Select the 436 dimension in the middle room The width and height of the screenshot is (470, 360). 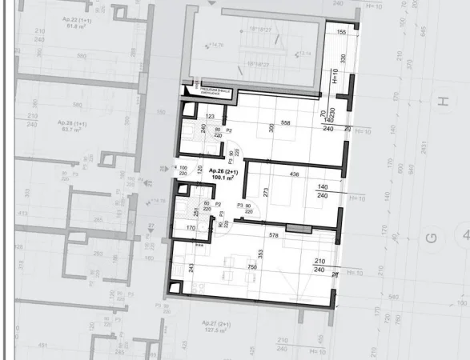pos(295,174)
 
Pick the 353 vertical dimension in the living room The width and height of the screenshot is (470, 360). pos(260,254)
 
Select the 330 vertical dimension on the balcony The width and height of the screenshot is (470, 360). pos(342,58)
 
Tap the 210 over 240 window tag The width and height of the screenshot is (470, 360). pos(320,266)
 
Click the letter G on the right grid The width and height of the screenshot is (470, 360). pos(432,237)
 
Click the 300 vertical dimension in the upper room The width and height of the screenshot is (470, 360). pos(271,128)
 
